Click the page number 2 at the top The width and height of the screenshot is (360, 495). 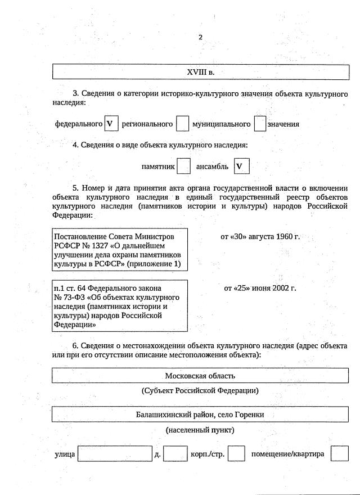click(x=200, y=38)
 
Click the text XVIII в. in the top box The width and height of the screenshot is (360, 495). click(x=200, y=72)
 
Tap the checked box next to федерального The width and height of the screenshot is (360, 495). click(x=110, y=124)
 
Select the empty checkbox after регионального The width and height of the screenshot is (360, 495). click(x=182, y=124)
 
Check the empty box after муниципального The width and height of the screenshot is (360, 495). click(x=259, y=124)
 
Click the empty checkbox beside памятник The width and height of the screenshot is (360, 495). click(x=183, y=166)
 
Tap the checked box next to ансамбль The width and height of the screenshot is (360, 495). click(x=241, y=166)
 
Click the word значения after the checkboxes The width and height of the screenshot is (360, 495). click(x=283, y=124)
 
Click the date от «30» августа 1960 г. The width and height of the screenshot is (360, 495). click(x=260, y=236)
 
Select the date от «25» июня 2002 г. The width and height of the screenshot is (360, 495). click(x=260, y=288)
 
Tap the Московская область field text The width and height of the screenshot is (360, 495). click(x=200, y=376)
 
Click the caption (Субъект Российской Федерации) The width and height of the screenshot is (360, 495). click(x=200, y=390)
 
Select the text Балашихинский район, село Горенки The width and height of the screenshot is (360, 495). click(x=200, y=415)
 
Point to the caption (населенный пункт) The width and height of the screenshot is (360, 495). click(x=200, y=430)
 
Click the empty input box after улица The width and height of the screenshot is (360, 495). click(x=115, y=453)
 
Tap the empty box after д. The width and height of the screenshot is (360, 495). click(x=175, y=453)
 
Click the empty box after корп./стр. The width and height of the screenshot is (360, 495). click(x=236, y=453)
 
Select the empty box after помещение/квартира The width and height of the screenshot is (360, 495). click(x=340, y=453)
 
